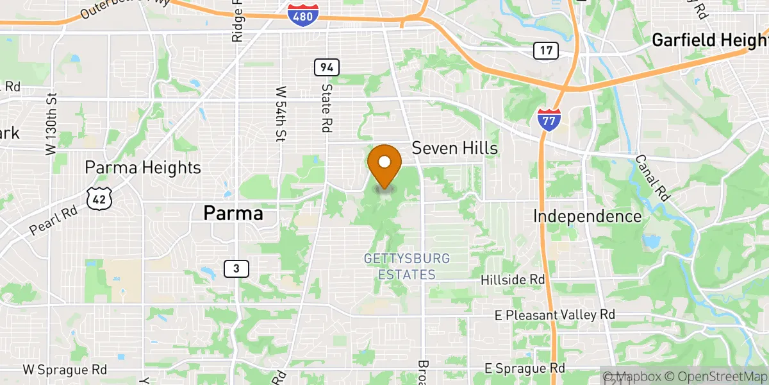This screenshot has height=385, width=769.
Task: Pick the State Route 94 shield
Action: [327, 67]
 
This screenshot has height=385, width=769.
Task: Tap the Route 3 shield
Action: [236, 269]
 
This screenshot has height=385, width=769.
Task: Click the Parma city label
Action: [233, 213]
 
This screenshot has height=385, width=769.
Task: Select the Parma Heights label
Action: [143, 168]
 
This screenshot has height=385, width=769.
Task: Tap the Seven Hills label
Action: [454, 148]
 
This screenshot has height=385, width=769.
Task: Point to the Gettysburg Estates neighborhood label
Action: [407, 266]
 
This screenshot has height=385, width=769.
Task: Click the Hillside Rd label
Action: [513, 280]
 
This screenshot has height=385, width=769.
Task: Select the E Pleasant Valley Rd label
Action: [555, 315]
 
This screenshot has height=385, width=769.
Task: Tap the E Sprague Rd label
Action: [525, 368]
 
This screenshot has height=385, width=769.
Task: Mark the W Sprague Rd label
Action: [65, 370]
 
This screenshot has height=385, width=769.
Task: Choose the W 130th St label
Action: [51, 124]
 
